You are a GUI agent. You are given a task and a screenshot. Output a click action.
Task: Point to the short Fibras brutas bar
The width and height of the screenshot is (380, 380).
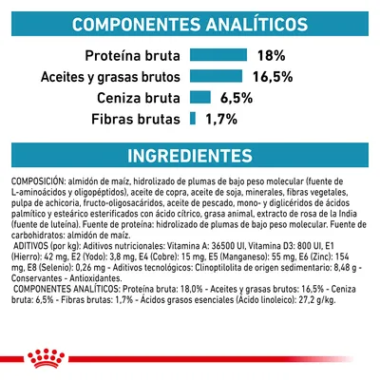(x=191, y=119)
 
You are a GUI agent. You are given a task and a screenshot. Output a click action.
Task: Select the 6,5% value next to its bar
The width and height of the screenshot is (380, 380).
(x=239, y=97)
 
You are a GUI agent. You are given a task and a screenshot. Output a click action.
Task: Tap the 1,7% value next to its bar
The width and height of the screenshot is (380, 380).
(x=222, y=119)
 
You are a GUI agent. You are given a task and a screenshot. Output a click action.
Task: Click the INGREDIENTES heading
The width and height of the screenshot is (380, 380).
(x=190, y=156)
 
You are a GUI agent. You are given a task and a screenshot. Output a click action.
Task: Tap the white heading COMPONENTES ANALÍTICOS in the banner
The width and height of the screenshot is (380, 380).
(x=190, y=22)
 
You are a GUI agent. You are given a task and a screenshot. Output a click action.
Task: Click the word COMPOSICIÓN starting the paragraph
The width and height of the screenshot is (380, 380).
(x=40, y=180)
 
